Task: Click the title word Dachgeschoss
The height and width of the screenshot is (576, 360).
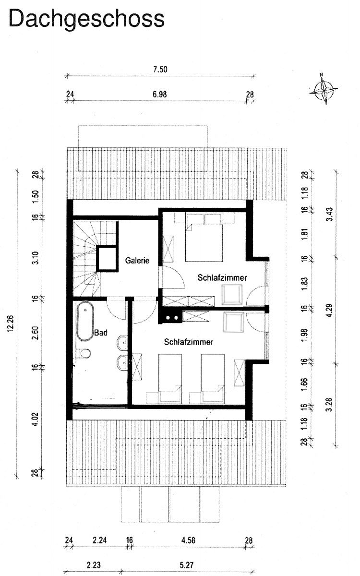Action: tap(87, 19)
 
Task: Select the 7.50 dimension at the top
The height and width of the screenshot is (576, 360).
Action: tap(160, 70)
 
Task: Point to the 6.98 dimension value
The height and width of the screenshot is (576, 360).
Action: tap(159, 94)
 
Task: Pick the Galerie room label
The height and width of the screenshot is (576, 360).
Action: tap(137, 261)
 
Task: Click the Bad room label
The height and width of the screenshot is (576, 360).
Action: tap(100, 332)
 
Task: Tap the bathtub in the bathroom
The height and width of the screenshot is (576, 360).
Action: tap(84, 322)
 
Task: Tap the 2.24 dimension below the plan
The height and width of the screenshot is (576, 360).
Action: tap(99, 540)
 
